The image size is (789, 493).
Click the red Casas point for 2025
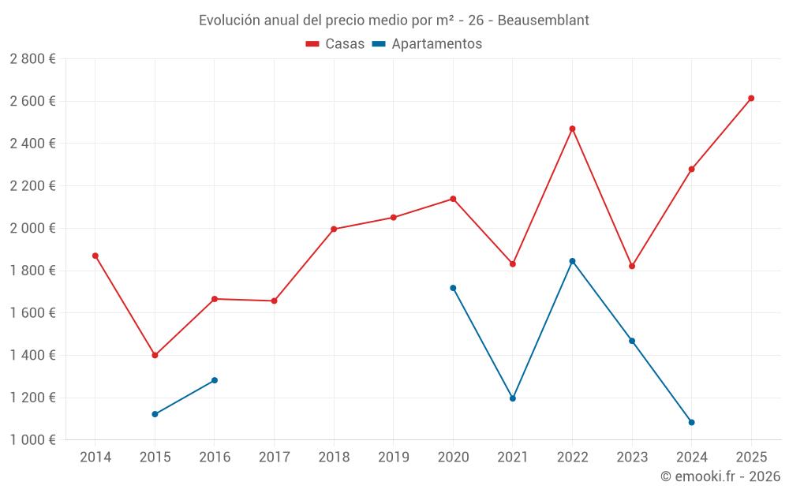(x=751, y=99)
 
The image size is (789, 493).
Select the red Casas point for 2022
(x=572, y=129)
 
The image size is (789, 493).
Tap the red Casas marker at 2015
(x=155, y=355)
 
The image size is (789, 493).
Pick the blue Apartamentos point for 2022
(x=572, y=261)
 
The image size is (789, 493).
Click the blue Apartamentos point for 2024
(x=691, y=422)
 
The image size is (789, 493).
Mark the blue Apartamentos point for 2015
(x=155, y=414)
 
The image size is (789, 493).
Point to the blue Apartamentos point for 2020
(x=453, y=288)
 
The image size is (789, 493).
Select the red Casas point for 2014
(x=95, y=256)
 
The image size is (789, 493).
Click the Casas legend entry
(x=335, y=44)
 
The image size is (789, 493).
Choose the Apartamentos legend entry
(x=427, y=44)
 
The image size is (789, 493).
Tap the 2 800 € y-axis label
(x=32, y=59)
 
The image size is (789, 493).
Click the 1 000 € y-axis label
(x=32, y=440)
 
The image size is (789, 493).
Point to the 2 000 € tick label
(x=32, y=228)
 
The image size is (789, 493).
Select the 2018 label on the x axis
(x=334, y=457)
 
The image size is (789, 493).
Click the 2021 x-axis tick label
(x=512, y=457)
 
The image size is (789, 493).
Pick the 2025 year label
(x=751, y=457)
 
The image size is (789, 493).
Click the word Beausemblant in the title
(x=544, y=21)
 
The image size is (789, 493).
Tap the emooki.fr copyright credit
(x=720, y=476)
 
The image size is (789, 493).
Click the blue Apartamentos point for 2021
(x=512, y=398)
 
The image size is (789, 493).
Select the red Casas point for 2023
(x=632, y=266)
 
